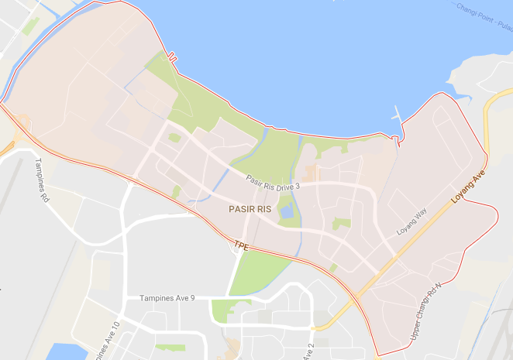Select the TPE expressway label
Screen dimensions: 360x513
[x=240, y=245]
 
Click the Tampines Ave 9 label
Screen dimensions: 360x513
[x=167, y=299]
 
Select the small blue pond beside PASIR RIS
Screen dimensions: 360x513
[x=287, y=210]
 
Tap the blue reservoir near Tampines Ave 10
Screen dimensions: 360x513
[x=66, y=352]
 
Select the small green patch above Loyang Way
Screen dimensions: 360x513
[x=341, y=224]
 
